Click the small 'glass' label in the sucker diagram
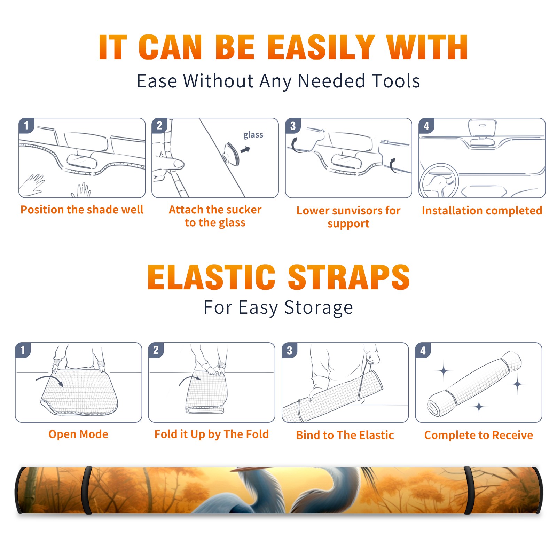pyautogui.click(x=253, y=135)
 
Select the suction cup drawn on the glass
pyautogui.click(x=231, y=154)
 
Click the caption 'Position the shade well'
pyautogui.click(x=82, y=210)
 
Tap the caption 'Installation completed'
pyautogui.click(x=482, y=210)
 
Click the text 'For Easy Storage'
pyautogui.click(x=278, y=307)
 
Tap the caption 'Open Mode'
pyautogui.click(x=78, y=434)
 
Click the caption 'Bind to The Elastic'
pyautogui.click(x=345, y=435)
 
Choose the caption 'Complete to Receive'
pyautogui.click(x=479, y=435)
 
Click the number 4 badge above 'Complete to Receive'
pyautogui.click(x=423, y=350)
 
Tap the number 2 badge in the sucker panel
pyautogui.click(x=159, y=125)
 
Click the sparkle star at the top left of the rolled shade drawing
pyautogui.click(x=444, y=371)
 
